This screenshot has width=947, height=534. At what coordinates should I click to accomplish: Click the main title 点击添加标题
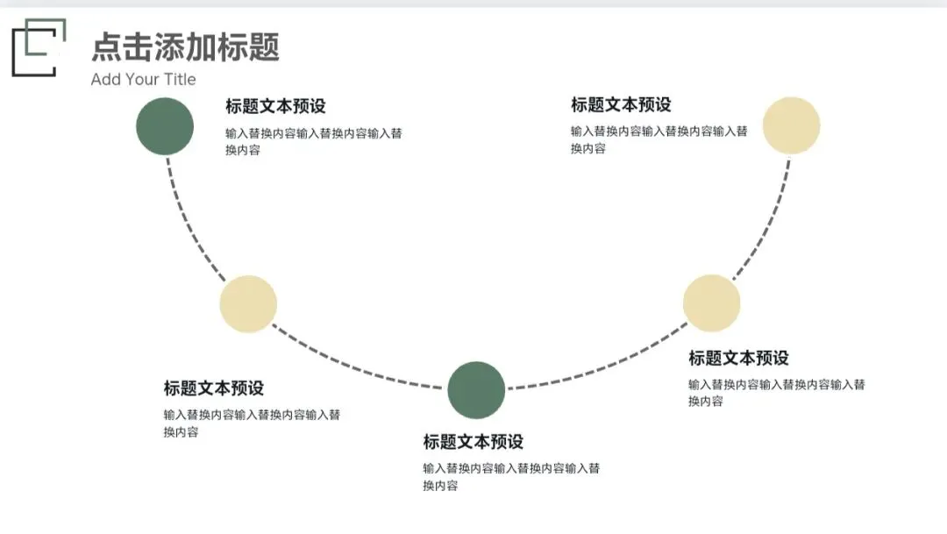tap(185, 46)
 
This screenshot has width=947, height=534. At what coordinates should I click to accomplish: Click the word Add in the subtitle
tap(105, 80)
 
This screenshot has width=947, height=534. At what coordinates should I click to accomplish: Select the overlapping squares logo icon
tap(39, 47)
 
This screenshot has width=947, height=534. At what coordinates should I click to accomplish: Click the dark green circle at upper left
tap(165, 126)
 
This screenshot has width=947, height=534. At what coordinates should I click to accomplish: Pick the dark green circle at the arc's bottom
tap(476, 389)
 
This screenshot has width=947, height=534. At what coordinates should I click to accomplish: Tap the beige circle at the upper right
tap(791, 125)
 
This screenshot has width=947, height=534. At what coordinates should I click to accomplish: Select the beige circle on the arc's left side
tap(248, 304)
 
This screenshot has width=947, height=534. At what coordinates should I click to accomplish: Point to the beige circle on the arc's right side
tap(711, 303)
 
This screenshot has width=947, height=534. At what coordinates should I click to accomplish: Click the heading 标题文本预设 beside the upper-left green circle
tap(275, 106)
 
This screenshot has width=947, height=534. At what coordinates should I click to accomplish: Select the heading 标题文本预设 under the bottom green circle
tap(473, 441)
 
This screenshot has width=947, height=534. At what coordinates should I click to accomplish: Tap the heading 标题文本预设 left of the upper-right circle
tap(621, 104)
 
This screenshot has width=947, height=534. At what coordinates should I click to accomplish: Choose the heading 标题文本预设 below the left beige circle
tap(213, 388)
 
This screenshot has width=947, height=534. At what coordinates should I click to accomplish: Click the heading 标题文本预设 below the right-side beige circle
tap(738, 358)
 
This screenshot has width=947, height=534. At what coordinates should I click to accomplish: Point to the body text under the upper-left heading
tap(313, 141)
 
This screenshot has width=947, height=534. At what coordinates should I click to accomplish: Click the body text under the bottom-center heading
tap(511, 477)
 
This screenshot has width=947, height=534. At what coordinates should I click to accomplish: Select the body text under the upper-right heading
tap(659, 139)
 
